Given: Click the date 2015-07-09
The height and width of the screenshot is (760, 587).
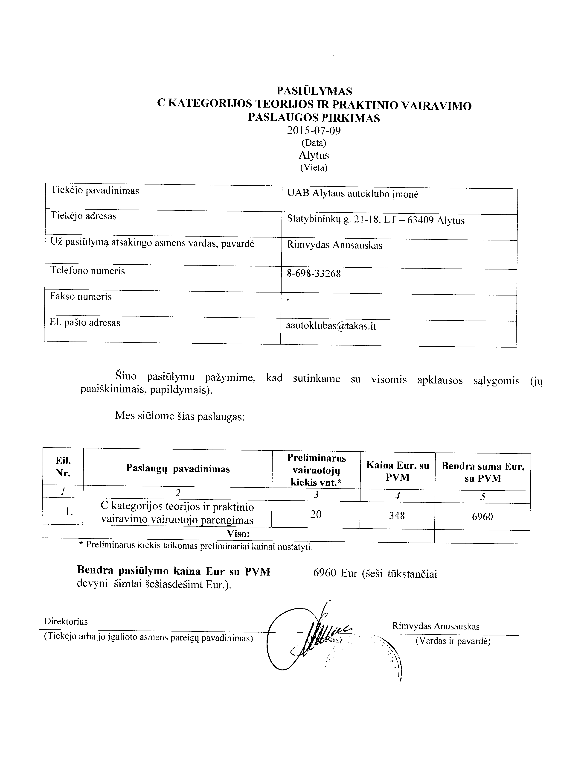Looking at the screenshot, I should point(314,131).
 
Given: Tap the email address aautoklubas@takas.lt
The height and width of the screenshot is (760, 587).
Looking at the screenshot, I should point(331,326).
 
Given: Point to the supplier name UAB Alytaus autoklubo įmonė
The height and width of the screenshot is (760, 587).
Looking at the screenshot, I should point(353,194).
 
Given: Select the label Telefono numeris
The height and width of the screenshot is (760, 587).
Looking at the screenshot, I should point(88,271).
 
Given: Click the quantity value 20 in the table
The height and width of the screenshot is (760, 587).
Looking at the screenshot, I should point(316,514).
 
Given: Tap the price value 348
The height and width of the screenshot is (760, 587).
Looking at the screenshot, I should point(397,515).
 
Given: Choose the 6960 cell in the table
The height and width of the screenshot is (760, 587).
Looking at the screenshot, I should point(482,516).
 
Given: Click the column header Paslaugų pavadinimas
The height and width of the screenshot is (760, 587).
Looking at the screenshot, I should point(178,469).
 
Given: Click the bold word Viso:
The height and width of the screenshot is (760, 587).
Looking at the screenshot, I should point(238,533).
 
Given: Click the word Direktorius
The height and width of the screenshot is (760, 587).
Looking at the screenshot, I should point(66,621).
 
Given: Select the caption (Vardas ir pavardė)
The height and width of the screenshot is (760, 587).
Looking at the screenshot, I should point(453,641).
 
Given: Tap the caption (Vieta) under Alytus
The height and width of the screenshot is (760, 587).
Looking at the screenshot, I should point(314,167).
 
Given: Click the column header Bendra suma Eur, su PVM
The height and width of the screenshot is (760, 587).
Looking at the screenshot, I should point(483,472).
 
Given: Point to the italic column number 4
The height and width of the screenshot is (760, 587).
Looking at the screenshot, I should point(397,496).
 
